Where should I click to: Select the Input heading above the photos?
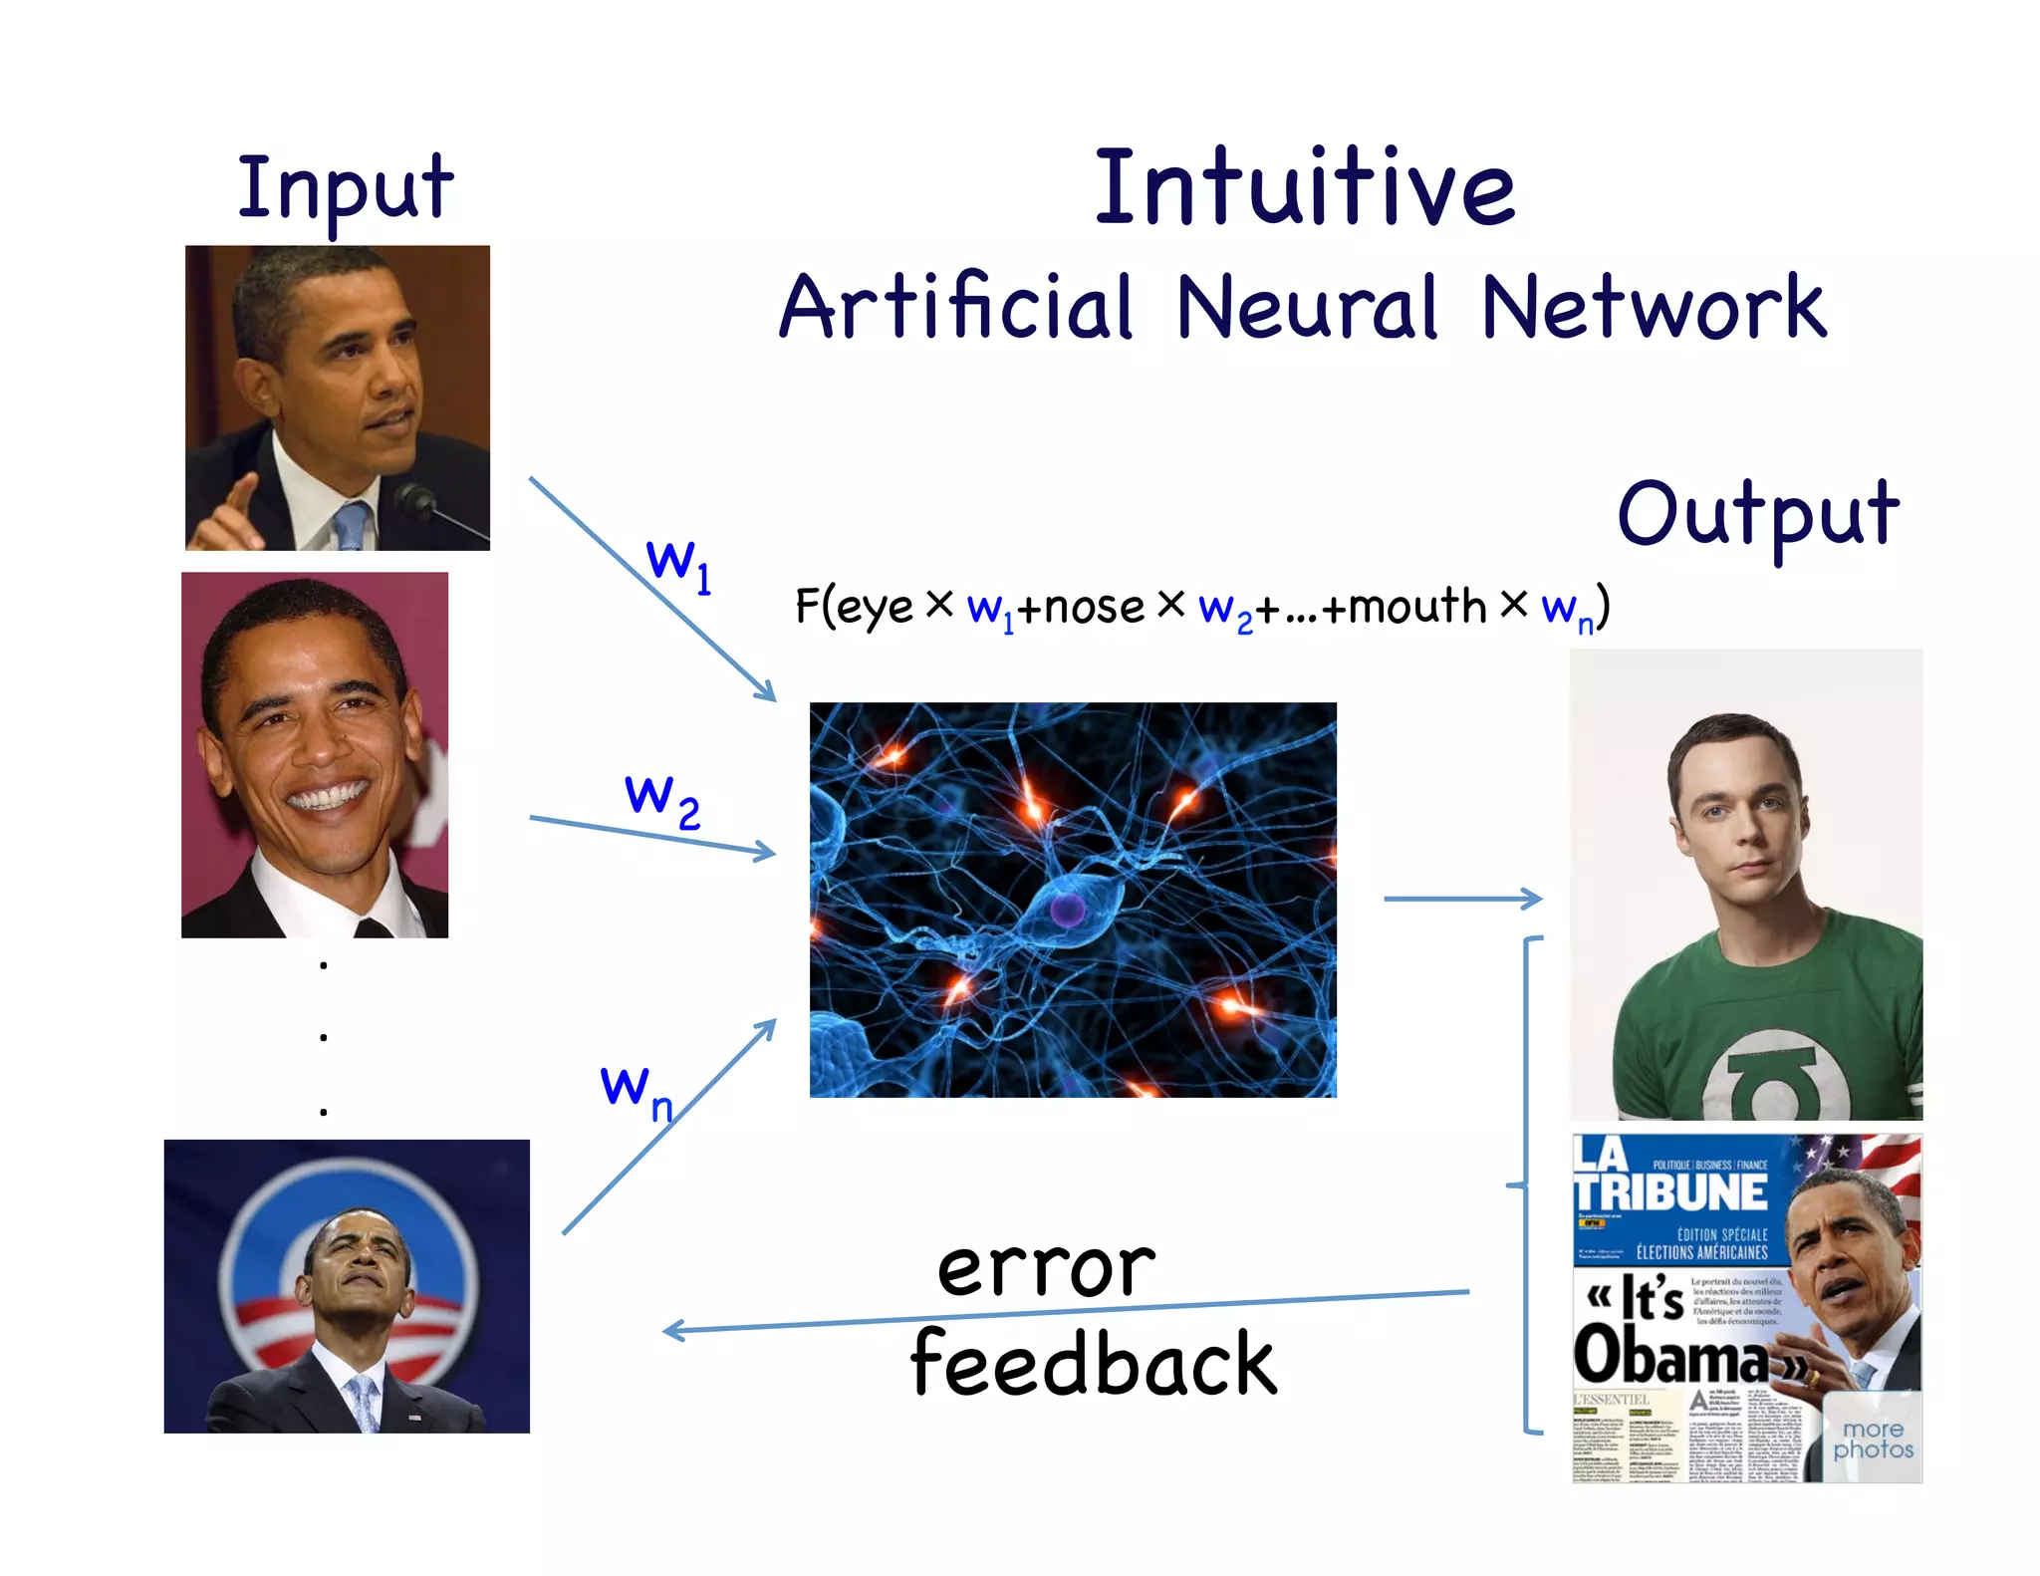click(x=345, y=188)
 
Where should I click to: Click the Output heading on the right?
click(x=1758, y=514)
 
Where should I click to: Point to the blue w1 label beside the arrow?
click(x=678, y=564)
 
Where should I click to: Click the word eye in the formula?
click(x=875, y=607)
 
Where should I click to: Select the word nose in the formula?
click(x=1094, y=607)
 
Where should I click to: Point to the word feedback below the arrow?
click(x=1093, y=1364)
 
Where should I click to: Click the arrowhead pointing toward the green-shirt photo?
click(x=1532, y=899)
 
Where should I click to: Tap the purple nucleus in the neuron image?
click(x=1067, y=909)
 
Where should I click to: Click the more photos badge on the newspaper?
click(x=1873, y=1441)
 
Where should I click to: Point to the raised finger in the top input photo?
click(x=240, y=495)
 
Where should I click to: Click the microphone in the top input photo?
click(x=413, y=497)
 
